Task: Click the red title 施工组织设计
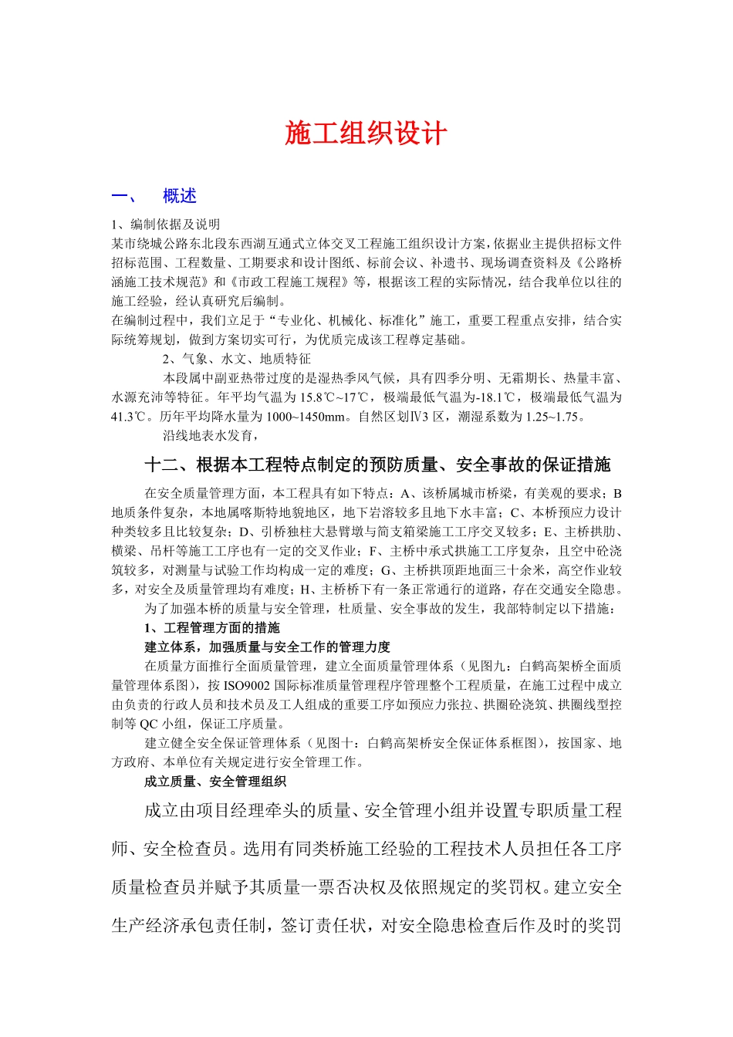click(x=366, y=133)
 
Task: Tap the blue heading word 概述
click(x=180, y=197)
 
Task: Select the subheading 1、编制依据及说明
click(x=166, y=225)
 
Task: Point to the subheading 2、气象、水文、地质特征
click(x=237, y=359)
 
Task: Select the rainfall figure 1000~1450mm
click(x=306, y=417)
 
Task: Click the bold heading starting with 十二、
click(x=377, y=464)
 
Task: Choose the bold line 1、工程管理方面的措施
click(x=212, y=628)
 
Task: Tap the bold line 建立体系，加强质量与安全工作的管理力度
click(x=268, y=647)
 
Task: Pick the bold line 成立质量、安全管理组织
click(x=215, y=782)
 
